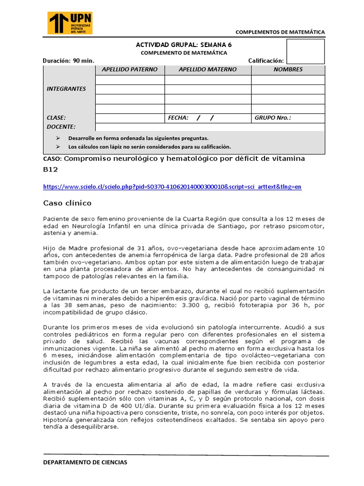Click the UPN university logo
coord(70,23)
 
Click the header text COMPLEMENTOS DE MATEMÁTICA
coord(280,32)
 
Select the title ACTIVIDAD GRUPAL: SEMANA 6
coord(184,45)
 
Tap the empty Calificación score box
coord(306,51)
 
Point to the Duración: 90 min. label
coord(68,60)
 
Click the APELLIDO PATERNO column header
coord(130,69)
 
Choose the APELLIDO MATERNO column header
coord(208,69)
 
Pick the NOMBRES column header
coord(288,69)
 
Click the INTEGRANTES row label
coord(66,89)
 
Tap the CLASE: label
coord(56,118)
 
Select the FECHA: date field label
coord(178,118)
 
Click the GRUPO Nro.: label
coord(273,118)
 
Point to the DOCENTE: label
coord(61,127)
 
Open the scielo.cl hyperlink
coord(172,187)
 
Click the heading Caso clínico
coord(67,203)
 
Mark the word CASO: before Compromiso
coord(52,159)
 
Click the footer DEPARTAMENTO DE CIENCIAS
coord(85,462)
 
